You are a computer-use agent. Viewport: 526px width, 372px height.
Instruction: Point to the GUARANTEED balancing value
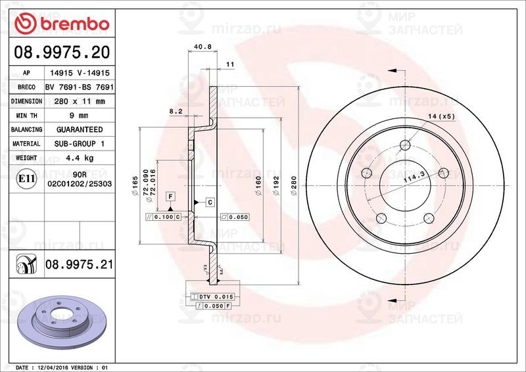coord(78,129)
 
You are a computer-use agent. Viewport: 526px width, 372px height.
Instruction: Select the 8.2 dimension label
coord(176,112)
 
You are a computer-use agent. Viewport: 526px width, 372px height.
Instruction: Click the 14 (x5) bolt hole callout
coord(441,116)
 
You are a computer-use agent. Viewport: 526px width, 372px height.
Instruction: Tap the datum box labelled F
coord(170,197)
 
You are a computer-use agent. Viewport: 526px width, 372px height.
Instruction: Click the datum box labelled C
coord(209,202)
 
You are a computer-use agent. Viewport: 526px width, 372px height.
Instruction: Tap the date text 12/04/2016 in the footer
coord(62,367)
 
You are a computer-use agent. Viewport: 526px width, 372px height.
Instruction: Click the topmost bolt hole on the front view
coord(406,145)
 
